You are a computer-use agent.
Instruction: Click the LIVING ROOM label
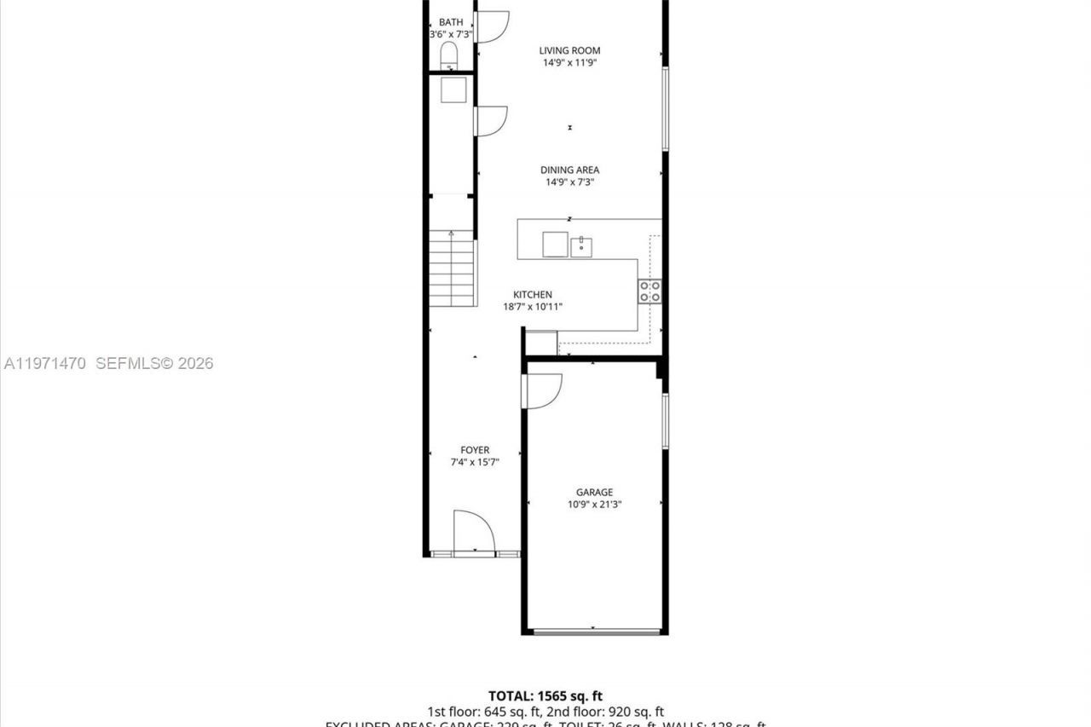(569, 50)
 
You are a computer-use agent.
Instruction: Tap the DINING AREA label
(569, 170)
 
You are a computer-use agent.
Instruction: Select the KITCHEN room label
(532, 295)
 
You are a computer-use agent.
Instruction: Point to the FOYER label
(475, 450)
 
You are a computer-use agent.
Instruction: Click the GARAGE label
(594, 492)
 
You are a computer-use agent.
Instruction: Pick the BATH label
(451, 22)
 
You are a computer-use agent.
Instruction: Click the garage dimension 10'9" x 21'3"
(594, 505)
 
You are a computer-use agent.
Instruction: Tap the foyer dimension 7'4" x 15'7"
(475, 462)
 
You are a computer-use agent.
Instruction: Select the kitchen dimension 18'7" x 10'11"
(533, 307)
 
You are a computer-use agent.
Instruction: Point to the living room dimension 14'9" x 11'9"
(569, 62)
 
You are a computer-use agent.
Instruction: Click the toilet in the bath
(449, 56)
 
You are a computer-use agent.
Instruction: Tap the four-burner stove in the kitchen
(649, 291)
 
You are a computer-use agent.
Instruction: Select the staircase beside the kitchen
(452, 271)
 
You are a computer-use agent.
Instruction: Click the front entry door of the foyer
(474, 534)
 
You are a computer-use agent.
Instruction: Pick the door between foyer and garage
(540, 391)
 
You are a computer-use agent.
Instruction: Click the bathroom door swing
(492, 26)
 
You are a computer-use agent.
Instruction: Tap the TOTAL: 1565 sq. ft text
(545, 696)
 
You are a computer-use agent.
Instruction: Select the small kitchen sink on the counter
(582, 246)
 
